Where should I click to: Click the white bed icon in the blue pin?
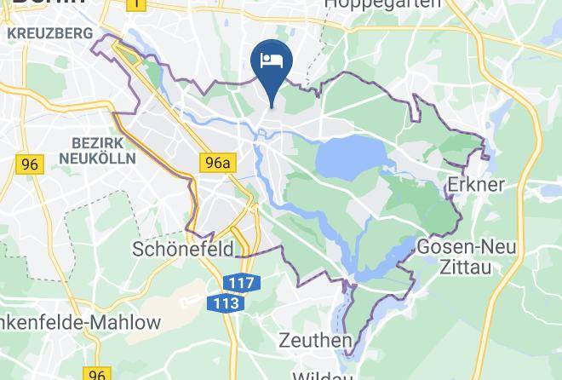[x=272, y=60]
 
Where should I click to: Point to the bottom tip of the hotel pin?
[x=272, y=107]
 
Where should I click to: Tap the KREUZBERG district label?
[x=49, y=33]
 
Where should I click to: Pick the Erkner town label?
[x=476, y=185]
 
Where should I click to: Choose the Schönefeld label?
[x=183, y=249]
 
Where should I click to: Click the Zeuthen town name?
[x=316, y=341]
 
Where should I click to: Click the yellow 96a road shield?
[x=216, y=162]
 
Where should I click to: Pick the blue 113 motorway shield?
[x=226, y=302]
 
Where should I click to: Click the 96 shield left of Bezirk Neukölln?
[x=30, y=164]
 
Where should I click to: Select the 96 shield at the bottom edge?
[x=97, y=373]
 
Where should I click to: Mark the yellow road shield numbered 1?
[x=135, y=4]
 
